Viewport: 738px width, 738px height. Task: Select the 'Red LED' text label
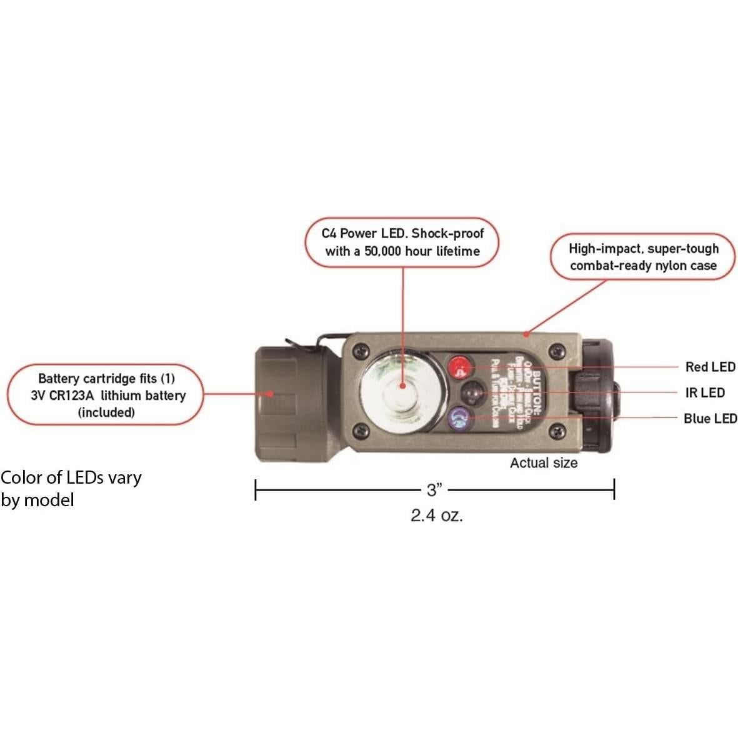pyautogui.click(x=711, y=367)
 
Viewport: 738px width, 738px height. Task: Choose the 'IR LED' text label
pyautogui.click(x=705, y=392)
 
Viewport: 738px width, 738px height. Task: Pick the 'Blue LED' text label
pyautogui.click(x=710, y=419)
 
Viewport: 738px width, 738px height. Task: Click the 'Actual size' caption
pyautogui.click(x=543, y=463)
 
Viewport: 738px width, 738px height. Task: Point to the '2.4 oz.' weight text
pyautogui.click(x=437, y=516)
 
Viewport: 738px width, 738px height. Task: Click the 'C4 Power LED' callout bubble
pyautogui.click(x=402, y=242)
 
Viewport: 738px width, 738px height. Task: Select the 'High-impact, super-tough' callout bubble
pyautogui.click(x=643, y=257)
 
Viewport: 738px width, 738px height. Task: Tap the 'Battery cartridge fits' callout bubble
pyautogui.click(x=106, y=395)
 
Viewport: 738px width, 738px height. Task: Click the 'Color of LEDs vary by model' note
pyautogui.click(x=71, y=489)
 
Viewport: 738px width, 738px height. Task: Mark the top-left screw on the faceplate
pyautogui.click(x=358, y=352)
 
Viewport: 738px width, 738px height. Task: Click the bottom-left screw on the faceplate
pyautogui.click(x=358, y=429)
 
